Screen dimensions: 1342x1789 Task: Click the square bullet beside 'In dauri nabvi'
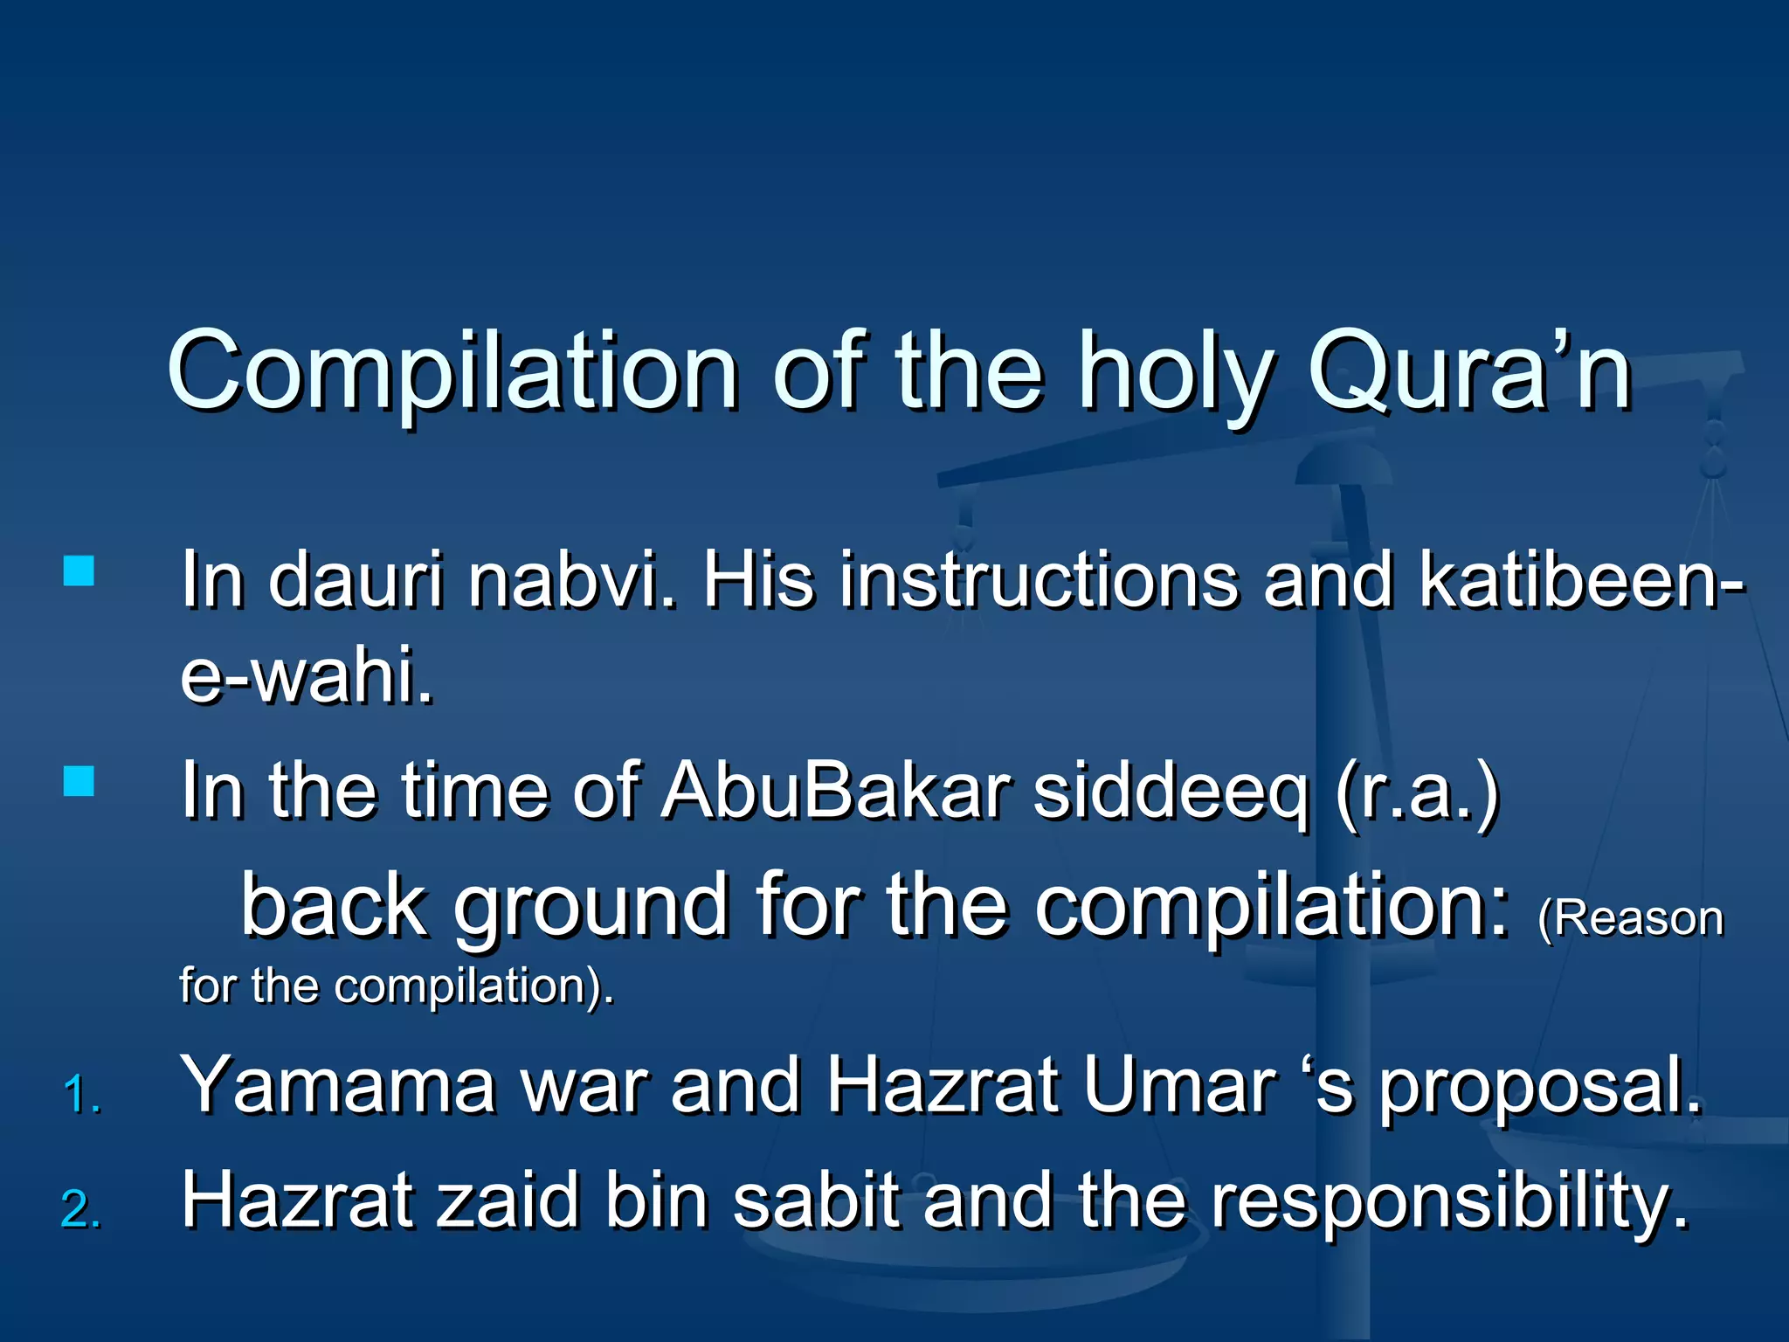pos(79,571)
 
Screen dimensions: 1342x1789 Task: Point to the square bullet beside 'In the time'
pos(79,781)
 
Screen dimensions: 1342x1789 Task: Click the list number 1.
pos(82,1095)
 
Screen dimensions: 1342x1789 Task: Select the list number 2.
pos(81,1210)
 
